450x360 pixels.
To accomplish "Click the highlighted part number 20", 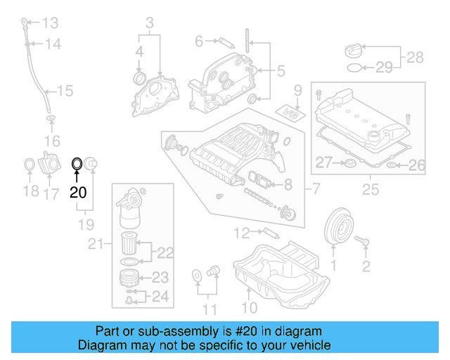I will [77, 191].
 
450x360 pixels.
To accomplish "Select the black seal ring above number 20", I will [77, 165].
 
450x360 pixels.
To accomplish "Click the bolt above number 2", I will [365, 242].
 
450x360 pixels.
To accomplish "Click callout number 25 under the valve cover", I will [369, 188].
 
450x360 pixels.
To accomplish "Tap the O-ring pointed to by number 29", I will [356, 68].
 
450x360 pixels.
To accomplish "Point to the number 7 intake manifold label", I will [316, 188].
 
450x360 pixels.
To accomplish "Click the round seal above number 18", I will [30, 166].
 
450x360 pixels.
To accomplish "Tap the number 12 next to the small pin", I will [243, 232].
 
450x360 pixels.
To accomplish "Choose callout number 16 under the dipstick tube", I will [52, 142].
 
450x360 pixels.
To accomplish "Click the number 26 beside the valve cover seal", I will [417, 165].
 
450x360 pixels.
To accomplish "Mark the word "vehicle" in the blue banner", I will [304, 345].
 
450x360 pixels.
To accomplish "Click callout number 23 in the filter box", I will [160, 276].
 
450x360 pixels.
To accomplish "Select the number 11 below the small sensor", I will [207, 307].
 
